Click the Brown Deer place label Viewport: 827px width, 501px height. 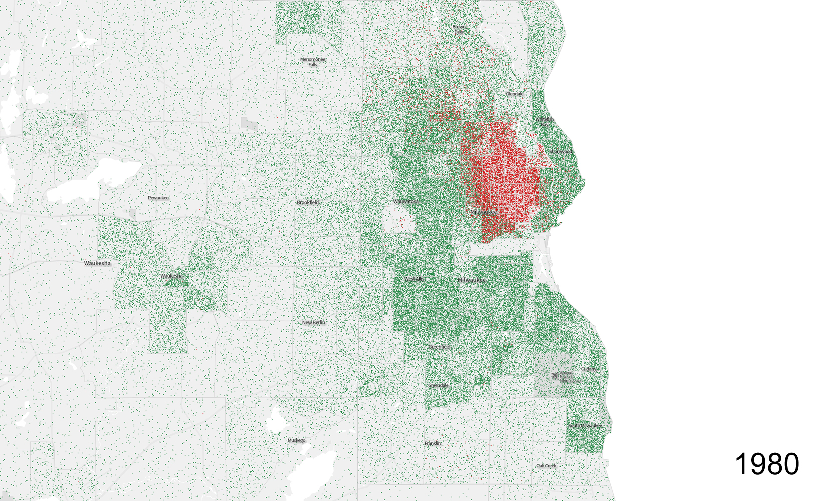(x=459, y=29)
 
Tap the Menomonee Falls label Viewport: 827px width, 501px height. (x=313, y=62)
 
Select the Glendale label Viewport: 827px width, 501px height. (x=514, y=94)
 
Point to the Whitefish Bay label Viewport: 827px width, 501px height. (x=545, y=122)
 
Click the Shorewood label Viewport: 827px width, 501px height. (x=560, y=151)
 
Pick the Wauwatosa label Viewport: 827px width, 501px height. (x=405, y=201)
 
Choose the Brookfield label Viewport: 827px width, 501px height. (x=308, y=202)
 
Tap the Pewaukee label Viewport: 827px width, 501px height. (x=158, y=198)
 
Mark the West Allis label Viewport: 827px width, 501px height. (x=414, y=279)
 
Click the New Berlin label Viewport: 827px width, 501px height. (x=313, y=322)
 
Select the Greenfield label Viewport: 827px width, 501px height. (x=439, y=347)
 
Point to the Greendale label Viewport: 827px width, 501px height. (x=438, y=385)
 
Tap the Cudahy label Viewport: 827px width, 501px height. (x=588, y=369)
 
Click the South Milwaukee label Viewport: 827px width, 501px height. (x=585, y=426)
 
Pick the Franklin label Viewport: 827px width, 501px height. (x=433, y=443)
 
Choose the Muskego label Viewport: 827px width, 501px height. (x=296, y=440)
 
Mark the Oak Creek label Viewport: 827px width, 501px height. (x=546, y=466)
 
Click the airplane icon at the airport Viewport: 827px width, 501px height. (x=554, y=375)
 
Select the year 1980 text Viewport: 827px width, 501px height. (x=767, y=464)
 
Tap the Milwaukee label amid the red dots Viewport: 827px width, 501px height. (x=484, y=212)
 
